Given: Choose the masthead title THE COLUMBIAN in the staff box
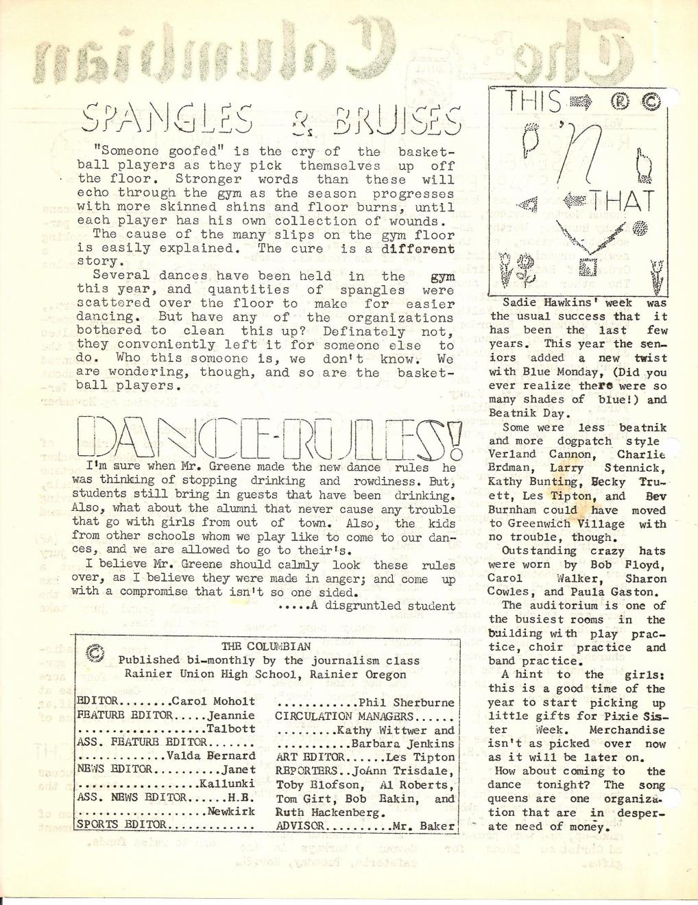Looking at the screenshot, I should tap(266, 647).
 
